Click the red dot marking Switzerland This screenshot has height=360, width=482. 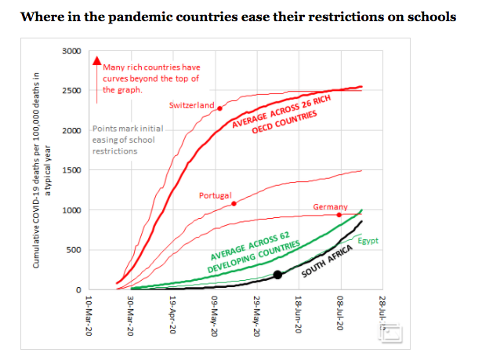(x=220, y=108)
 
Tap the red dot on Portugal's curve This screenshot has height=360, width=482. (x=234, y=204)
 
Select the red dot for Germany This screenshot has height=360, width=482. (x=339, y=214)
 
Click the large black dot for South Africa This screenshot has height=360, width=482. (x=277, y=275)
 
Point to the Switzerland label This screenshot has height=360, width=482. (x=191, y=105)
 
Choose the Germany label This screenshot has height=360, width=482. (x=330, y=207)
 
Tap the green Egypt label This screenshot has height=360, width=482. (x=368, y=240)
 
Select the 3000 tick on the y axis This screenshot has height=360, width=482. (x=71, y=51)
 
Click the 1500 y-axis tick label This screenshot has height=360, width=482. (x=71, y=170)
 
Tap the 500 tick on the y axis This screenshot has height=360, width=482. (x=74, y=250)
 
